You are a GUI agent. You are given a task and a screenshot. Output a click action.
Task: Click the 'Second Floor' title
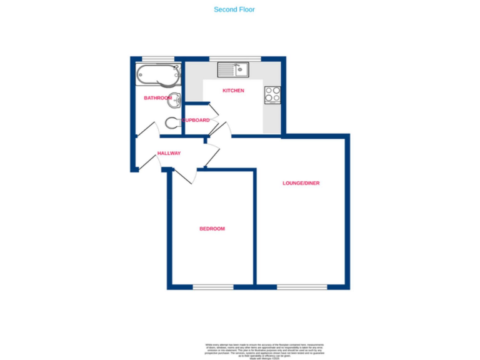(234, 9)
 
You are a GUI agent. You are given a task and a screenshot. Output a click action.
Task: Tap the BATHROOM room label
(157, 98)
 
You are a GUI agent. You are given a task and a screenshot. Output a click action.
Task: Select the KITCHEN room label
(233, 91)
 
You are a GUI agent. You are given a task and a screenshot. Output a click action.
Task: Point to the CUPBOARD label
(196, 120)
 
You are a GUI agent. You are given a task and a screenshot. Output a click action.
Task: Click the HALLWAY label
(169, 153)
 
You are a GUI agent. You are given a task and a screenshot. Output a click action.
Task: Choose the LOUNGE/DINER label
(301, 183)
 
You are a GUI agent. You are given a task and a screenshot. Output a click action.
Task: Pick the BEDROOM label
(212, 229)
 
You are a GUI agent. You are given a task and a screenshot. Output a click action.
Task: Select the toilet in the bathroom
(173, 122)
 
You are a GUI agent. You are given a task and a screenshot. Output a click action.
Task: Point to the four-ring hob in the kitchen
(272, 94)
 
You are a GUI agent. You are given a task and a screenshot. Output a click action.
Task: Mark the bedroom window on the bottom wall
(212, 287)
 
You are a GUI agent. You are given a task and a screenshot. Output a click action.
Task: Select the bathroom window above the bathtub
(157, 59)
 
